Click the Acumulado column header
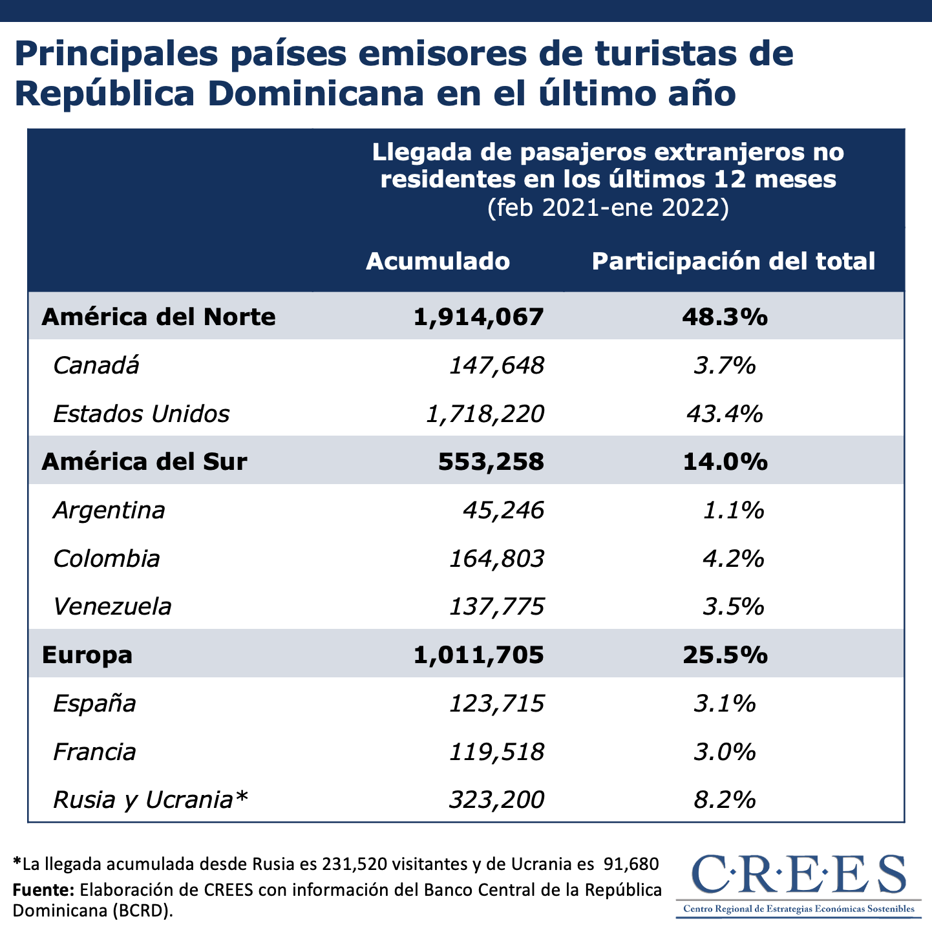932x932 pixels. (x=438, y=261)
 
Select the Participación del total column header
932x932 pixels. (x=733, y=261)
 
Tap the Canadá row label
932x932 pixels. (x=96, y=366)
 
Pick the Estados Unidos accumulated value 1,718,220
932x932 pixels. (x=485, y=414)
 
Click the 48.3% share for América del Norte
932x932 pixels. (x=725, y=317)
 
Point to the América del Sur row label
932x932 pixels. (x=144, y=461)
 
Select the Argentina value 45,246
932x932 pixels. (x=503, y=511)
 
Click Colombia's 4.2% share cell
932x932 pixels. (x=733, y=558)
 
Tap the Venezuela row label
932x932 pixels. (x=112, y=607)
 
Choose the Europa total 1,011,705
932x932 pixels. (x=478, y=655)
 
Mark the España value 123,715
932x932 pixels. (x=496, y=703)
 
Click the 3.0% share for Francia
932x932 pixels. (x=725, y=752)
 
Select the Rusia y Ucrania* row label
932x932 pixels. (x=150, y=800)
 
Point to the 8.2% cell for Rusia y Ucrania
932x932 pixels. (x=725, y=800)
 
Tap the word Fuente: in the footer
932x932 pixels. (x=43, y=890)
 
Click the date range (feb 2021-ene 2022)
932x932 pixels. (x=608, y=207)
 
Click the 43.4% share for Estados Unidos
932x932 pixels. (x=725, y=414)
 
